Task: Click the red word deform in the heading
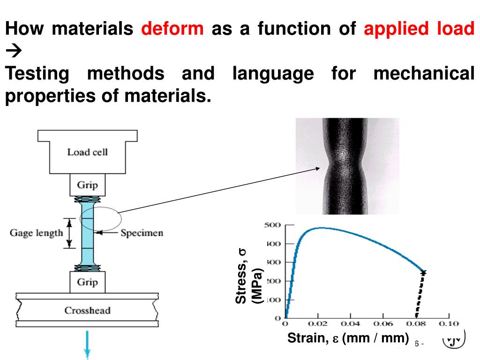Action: point(172,30)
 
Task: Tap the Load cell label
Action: point(87,152)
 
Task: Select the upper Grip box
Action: point(87,185)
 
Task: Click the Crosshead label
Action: point(87,310)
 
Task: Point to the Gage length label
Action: point(36,233)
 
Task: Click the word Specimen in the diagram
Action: point(142,233)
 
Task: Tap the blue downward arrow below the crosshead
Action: point(87,345)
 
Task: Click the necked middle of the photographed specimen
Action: point(347,165)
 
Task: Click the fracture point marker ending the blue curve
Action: point(423,272)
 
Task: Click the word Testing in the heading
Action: point(38,74)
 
